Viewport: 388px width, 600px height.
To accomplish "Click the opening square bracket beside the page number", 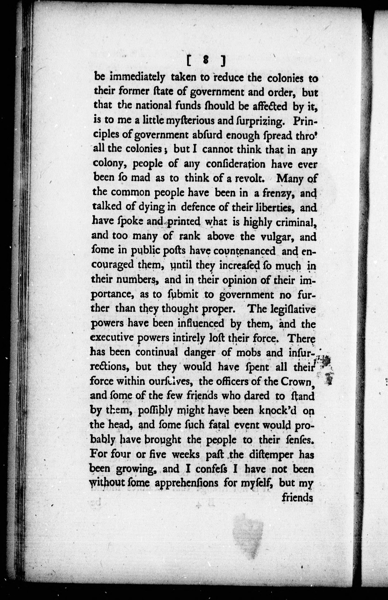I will (x=189, y=61).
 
